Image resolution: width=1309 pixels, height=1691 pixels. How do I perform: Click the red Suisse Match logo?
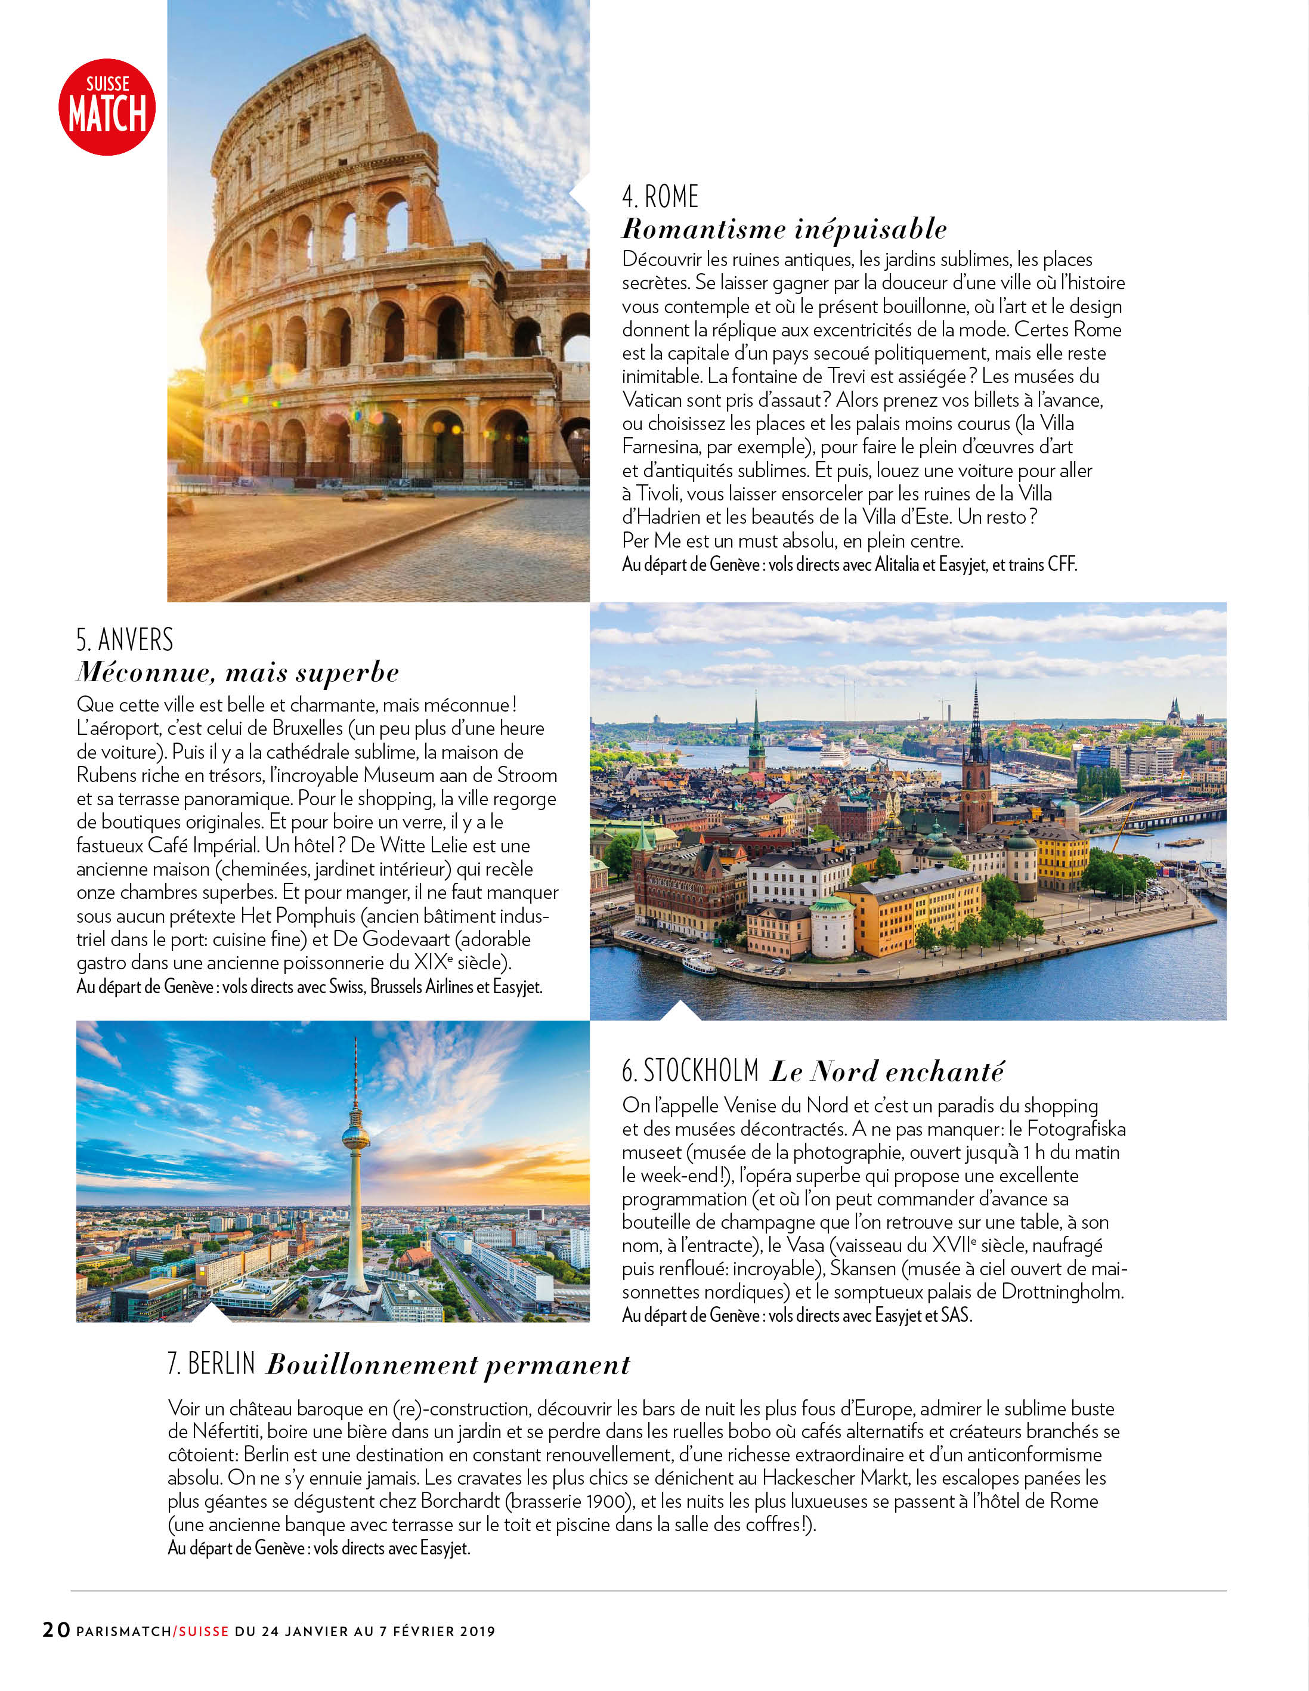point(107,107)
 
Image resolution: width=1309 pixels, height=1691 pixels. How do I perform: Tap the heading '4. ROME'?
point(660,197)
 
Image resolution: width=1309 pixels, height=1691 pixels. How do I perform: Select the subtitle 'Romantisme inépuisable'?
point(784,229)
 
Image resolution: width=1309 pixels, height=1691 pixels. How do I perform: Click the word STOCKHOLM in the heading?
point(701,1071)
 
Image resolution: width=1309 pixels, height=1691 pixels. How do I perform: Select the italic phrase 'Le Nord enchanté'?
point(887,1072)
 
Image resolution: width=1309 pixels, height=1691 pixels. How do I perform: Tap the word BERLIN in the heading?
point(221,1364)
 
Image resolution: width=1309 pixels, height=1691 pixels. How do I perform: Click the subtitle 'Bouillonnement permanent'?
point(448,1364)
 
